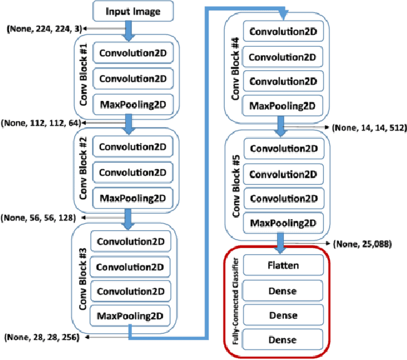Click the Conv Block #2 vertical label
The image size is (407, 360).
click(x=85, y=172)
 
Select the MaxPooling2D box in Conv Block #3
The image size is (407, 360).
click(x=131, y=317)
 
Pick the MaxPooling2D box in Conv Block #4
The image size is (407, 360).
click(x=283, y=106)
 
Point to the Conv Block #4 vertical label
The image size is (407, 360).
click(x=236, y=69)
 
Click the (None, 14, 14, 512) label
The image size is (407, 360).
click(x=365, y=127)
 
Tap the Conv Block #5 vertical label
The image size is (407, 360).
click(x=236, y=185)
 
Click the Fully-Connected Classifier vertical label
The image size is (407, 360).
click(x=236, y=300)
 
